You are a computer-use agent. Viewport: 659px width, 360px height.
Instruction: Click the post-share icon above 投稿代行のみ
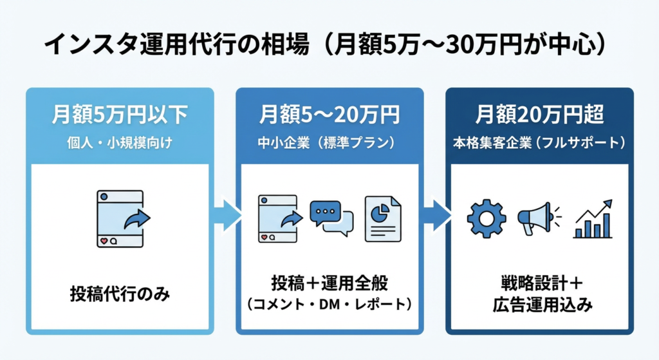pos(120,218)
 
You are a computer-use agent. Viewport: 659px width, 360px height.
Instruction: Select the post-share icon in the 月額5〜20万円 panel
pos(279,218)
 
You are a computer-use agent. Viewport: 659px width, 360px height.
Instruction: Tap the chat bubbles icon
pos(331,218)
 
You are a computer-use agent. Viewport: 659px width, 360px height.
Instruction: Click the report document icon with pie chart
pos(382,218)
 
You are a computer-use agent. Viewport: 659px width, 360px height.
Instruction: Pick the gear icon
pos(487,218)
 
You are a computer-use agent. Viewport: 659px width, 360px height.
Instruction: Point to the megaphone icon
pos(538,218)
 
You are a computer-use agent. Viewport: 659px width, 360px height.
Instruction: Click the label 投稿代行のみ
pos(120,294)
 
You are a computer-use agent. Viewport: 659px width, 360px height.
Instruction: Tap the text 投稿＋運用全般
pos(329,284)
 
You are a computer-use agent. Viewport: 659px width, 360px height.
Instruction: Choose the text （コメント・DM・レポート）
pos(329,303)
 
